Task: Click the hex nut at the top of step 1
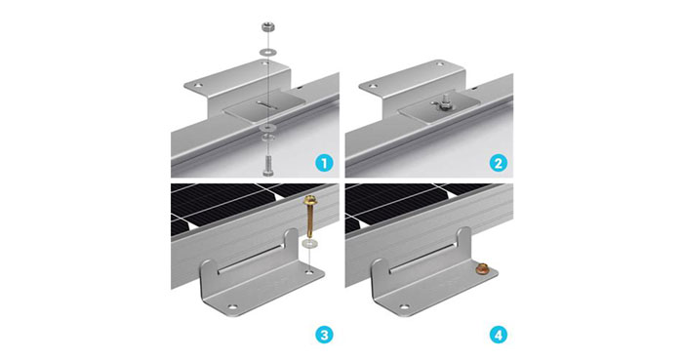click(268, 27)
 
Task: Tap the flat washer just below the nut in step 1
click(266, 52)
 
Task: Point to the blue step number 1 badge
click(324, 164)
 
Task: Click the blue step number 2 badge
click(498, 164)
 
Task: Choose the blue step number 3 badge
click(324, 336)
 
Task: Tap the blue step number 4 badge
click(498, 336)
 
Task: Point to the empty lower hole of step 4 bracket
click(405, 307)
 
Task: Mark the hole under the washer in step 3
click(310, 272)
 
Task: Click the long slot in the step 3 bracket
click(252, 260)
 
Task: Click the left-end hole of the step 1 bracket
click(199, 85)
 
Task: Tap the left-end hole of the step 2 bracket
click(374, 85)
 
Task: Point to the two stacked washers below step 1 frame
click(267, 133)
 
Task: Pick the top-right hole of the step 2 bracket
click(440, 64)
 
